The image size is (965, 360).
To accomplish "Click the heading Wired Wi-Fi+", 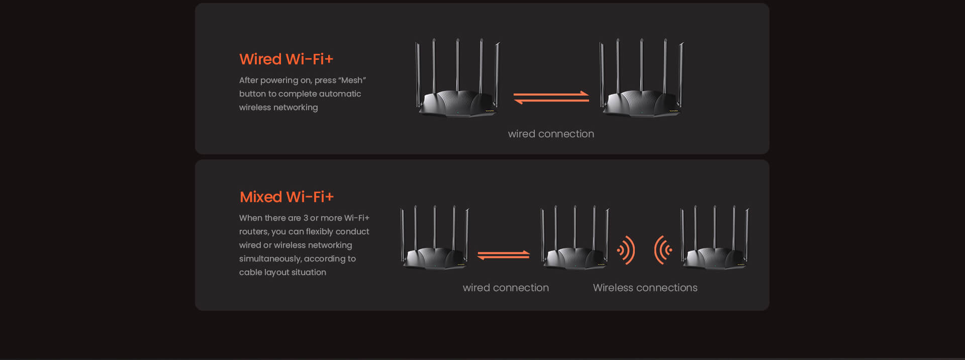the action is (286, 59).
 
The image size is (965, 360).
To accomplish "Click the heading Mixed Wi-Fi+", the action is (286, 197).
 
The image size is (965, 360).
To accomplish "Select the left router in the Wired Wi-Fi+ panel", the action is (458, 78).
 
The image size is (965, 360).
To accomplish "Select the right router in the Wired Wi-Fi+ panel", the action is (642, 78).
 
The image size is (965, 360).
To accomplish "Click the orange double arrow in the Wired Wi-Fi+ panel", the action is (551, 98).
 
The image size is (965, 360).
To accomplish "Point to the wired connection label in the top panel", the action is (551, 134).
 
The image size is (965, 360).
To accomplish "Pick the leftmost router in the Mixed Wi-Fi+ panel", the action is (435, 237).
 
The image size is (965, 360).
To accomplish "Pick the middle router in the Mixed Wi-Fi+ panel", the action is (575, 237).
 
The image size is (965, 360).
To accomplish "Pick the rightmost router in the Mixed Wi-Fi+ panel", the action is (715, 237).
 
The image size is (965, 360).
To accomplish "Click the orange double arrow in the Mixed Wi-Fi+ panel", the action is (503, 255).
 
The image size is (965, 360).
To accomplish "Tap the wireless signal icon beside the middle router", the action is (626, 250).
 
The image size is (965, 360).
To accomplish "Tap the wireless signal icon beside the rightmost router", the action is (663, 250).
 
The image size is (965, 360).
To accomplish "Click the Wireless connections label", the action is (645, 288).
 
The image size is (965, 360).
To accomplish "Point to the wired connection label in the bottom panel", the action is (506, 288).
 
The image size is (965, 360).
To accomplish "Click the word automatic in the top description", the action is (340, 94).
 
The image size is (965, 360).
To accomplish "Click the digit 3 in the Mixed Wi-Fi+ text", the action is (306, 218).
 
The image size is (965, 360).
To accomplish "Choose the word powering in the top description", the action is (279, 80).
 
